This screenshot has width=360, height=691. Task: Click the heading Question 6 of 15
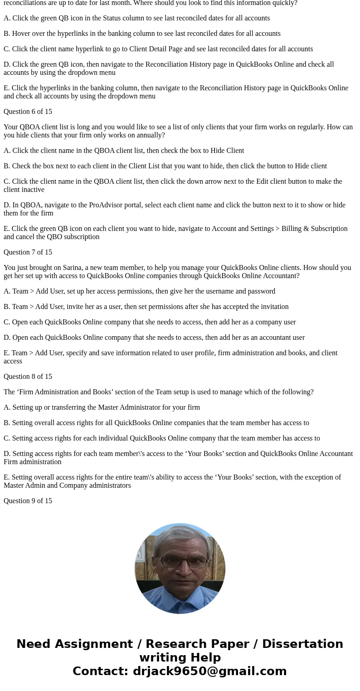[x=28, y=112]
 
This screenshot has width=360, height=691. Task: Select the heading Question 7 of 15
[x=28, y=252]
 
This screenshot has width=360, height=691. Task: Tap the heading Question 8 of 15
[x=28, y=377]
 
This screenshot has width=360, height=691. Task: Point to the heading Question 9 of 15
[x=28, y=501]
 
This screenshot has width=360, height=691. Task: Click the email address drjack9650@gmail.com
[x=209, y=671]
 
